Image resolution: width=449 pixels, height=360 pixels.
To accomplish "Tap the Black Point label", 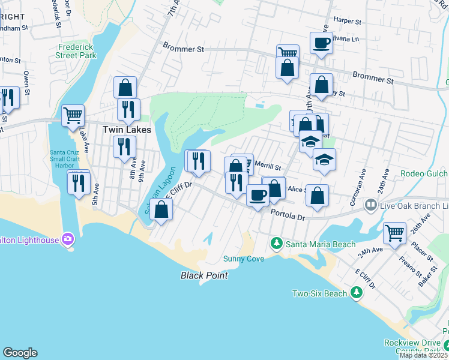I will pyautogui.click(x=205, y=275).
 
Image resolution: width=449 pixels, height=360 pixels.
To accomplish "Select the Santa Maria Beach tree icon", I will pyautogui.click(x=276, y=244).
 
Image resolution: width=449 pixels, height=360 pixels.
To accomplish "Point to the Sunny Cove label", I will pyautogui.click(x=244, y=259).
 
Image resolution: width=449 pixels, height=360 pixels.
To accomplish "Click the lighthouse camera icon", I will pyautogui.click(x=68, y=240).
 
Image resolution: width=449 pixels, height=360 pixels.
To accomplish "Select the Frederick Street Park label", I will pyautogui.click(x=77, y=51).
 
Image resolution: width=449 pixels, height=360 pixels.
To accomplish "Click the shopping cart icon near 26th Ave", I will pyautogui.click(x=394, y=232).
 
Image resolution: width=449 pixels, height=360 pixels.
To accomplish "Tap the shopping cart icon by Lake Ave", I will pyautogui.click(x=73, y=114).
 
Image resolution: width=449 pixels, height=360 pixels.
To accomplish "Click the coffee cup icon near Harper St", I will pyautogui.click(x=321, y=43).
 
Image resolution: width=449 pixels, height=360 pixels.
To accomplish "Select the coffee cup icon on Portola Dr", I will pyautogui.click(x=258, y=194).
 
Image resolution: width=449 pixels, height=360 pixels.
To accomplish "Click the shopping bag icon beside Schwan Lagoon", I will pyautogui.click(x=161, y=209).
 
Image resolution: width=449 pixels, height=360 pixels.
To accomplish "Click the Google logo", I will pyautogui.click(x=20, y=353).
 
